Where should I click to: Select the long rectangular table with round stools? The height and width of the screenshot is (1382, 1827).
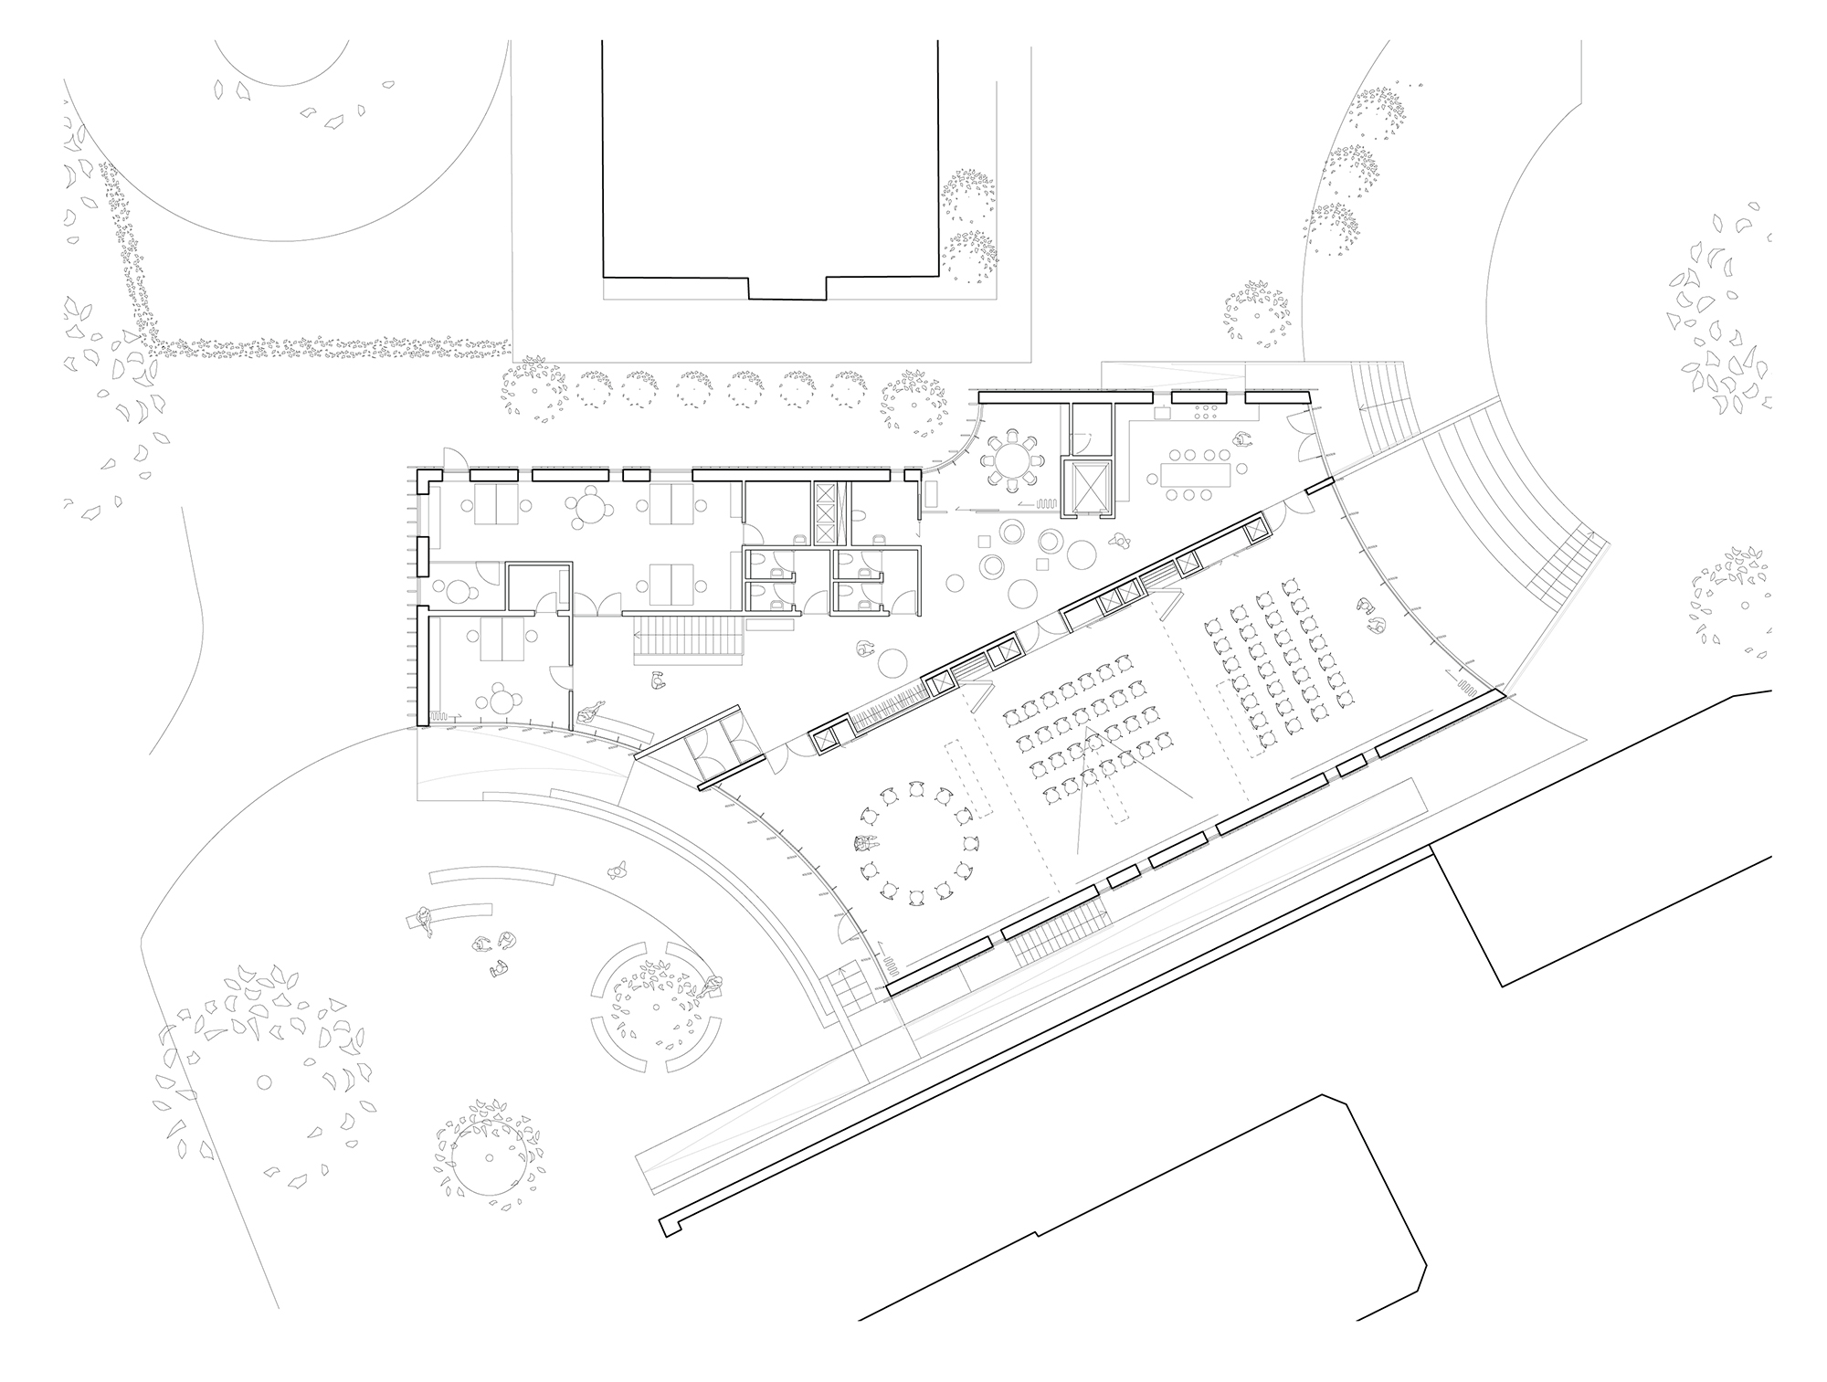click(x=1196, y=474)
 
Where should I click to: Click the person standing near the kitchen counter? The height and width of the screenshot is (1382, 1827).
click(x=1241, y=440)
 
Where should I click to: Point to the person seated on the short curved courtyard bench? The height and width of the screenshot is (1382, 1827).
click(x=423, y=918)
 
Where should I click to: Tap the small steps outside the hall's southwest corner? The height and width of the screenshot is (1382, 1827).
click(x=845, y=986)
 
